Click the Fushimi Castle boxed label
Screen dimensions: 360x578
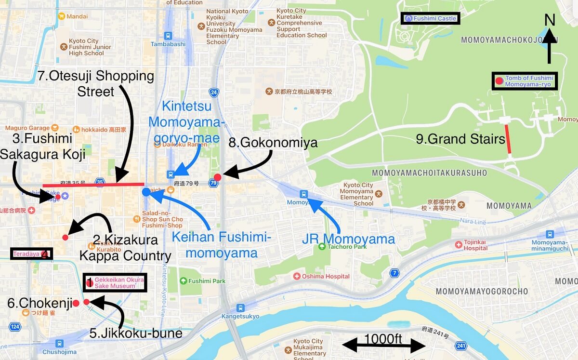click(x=431, y=19)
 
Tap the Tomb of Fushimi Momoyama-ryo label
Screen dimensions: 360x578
click(x=525, y=81)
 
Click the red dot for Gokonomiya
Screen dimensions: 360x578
click(x=217, y=177)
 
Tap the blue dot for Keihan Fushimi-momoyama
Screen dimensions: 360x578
click(x=146, y=192)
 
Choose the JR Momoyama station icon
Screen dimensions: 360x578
click(x=303, y=194)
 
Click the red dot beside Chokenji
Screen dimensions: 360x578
click(x=76, y=303)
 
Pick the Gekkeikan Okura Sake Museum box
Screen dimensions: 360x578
click(x=115, y=283)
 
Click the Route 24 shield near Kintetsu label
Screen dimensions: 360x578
click(x=213, y=92)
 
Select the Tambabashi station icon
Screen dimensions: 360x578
click(x=168, y=35)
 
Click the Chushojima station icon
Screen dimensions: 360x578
click(x=59, y=344)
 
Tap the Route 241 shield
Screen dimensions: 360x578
click(x=461, y=346)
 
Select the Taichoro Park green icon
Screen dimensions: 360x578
click(x=322, y=247)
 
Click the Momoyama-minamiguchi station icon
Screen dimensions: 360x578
click(x=550, y=234)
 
